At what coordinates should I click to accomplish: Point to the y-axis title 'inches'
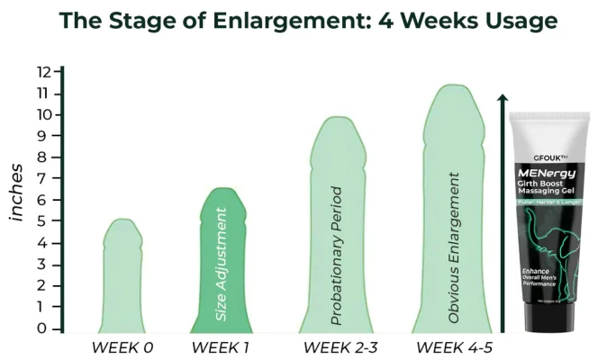pyautogui.click(x=16, y=192)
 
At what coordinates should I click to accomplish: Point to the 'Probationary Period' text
pyautogui.click(x=337, y=256)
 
